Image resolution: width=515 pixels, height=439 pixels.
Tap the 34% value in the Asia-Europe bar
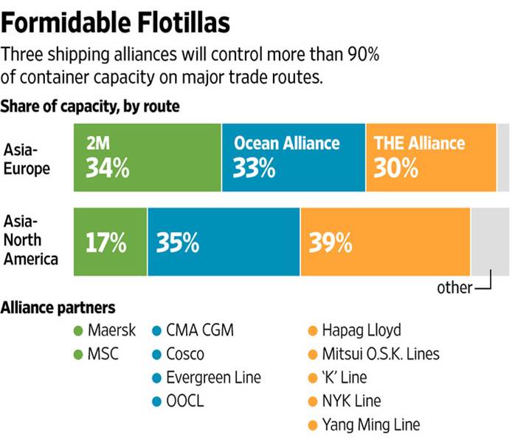click(x=108, y=169)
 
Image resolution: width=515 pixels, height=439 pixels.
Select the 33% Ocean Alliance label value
click(x=254, y=169)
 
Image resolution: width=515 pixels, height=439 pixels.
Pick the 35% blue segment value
click(x=177, y=242)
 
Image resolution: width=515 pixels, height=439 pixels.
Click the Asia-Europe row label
click(x=27, y=158)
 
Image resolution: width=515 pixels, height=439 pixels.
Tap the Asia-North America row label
click(x=30, y=240)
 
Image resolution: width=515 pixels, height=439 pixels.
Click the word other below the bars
click(x=454, y=287)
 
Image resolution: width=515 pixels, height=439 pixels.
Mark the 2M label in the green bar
click(x=99, y=143)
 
